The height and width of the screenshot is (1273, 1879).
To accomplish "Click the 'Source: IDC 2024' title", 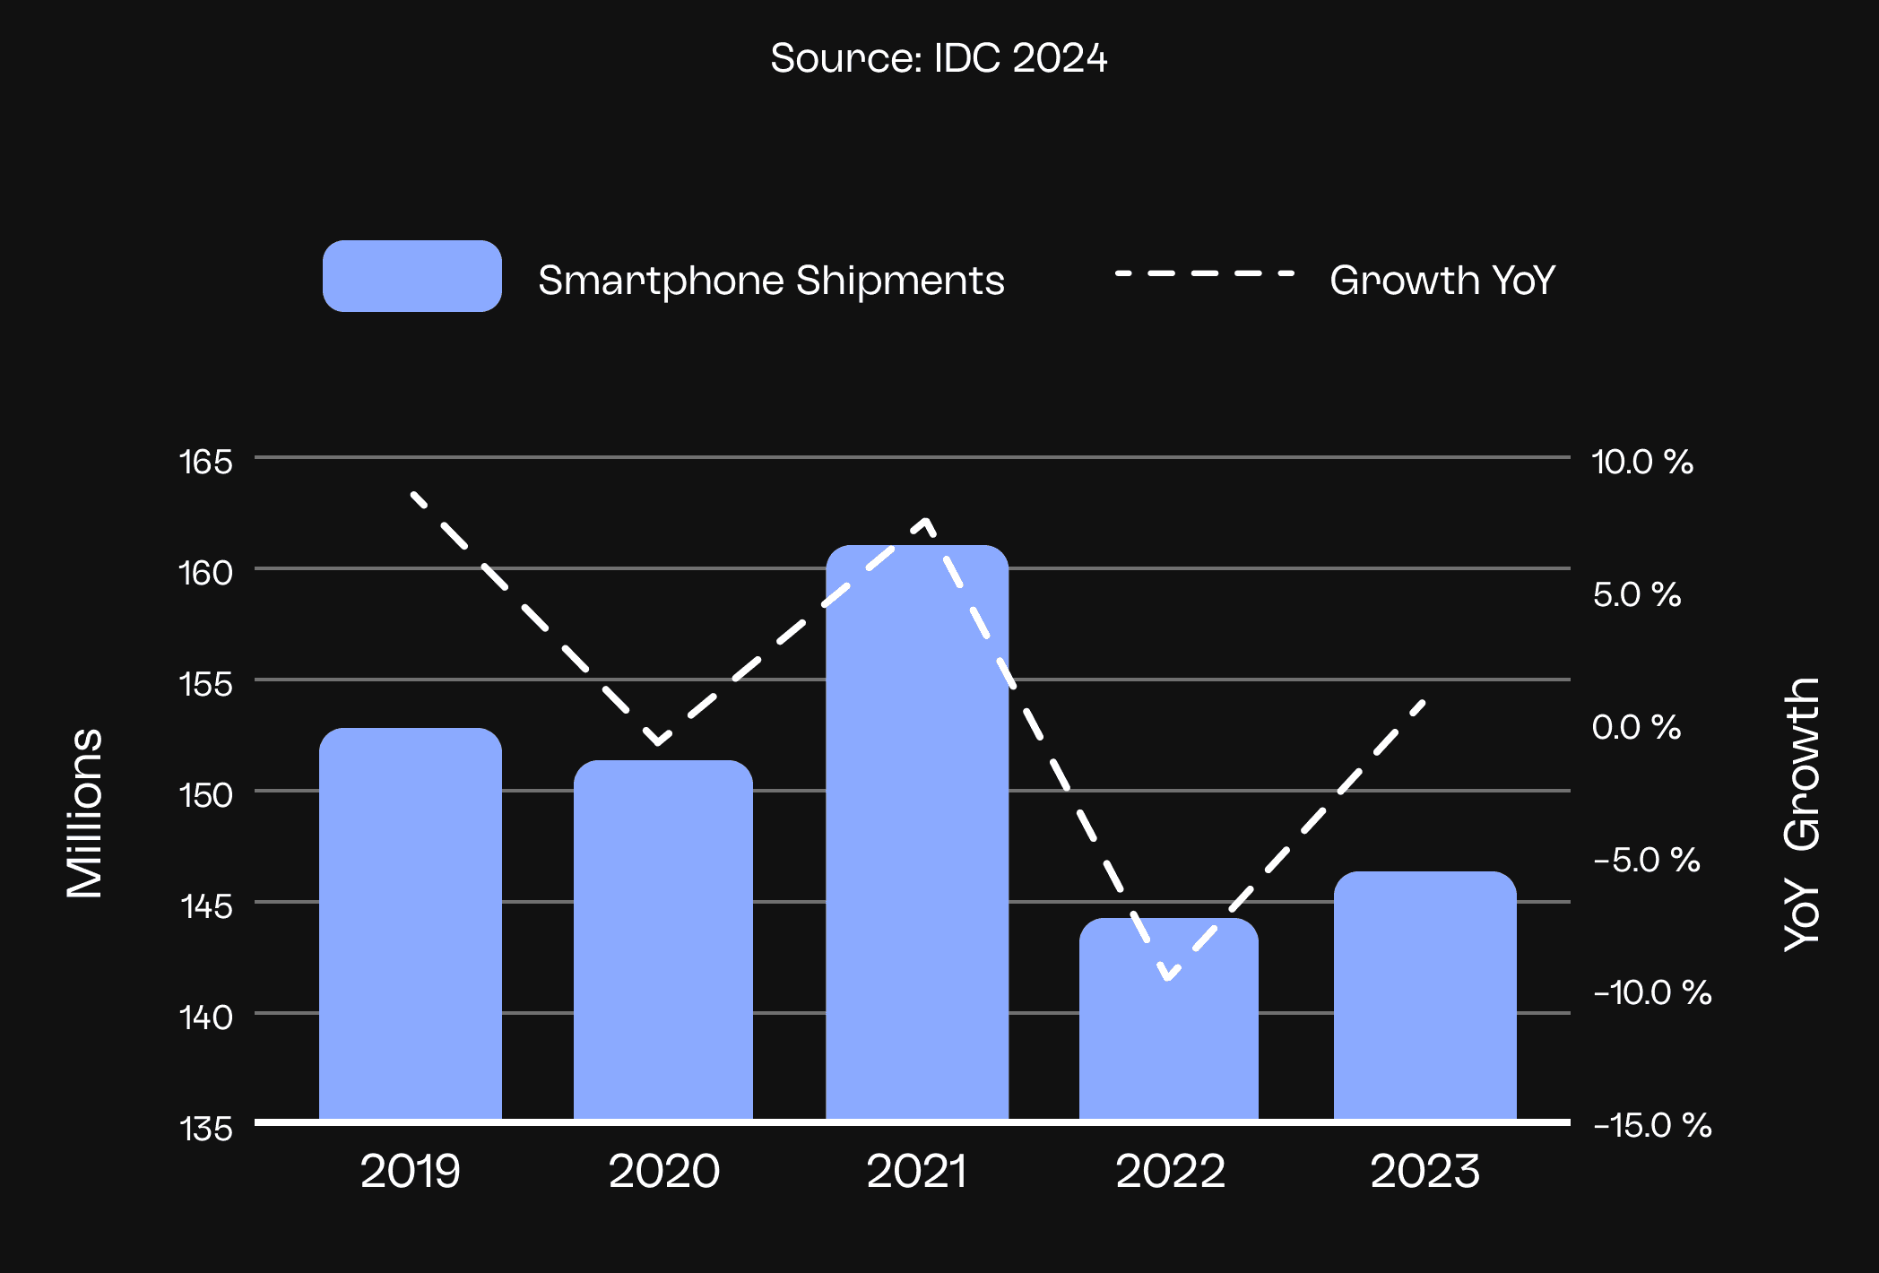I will [x=939, y=58].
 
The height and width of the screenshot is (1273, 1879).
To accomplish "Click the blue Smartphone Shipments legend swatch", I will [x=411, y=276].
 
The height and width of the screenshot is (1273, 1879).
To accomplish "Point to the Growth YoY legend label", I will [x=1442, y=281].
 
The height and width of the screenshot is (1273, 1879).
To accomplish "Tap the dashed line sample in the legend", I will [x=1204, y=273].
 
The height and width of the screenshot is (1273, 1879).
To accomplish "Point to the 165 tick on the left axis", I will [x=205, y=463].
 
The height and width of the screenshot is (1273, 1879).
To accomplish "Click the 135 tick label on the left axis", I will [x=205, y=1129].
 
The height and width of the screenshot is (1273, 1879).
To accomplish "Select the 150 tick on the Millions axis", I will [x=205, y=795].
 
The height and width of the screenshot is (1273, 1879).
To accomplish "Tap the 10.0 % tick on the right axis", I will [x=1641, y=463].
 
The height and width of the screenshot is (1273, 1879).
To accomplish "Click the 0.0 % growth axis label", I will [x=1636, y=727].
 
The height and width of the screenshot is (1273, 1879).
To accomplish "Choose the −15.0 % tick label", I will [x=1652, y=1125].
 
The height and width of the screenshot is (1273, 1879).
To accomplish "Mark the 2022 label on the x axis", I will [x=1170, y=1172].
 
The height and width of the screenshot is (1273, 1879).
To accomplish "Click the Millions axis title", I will [x=85, y=812].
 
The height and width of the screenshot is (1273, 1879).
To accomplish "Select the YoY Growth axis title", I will [x=1801, y=812].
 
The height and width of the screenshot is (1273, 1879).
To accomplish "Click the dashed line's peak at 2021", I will [x=926, y=521].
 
